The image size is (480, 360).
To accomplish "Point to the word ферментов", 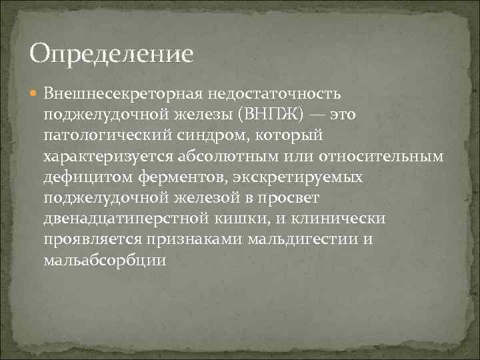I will point(165,177).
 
